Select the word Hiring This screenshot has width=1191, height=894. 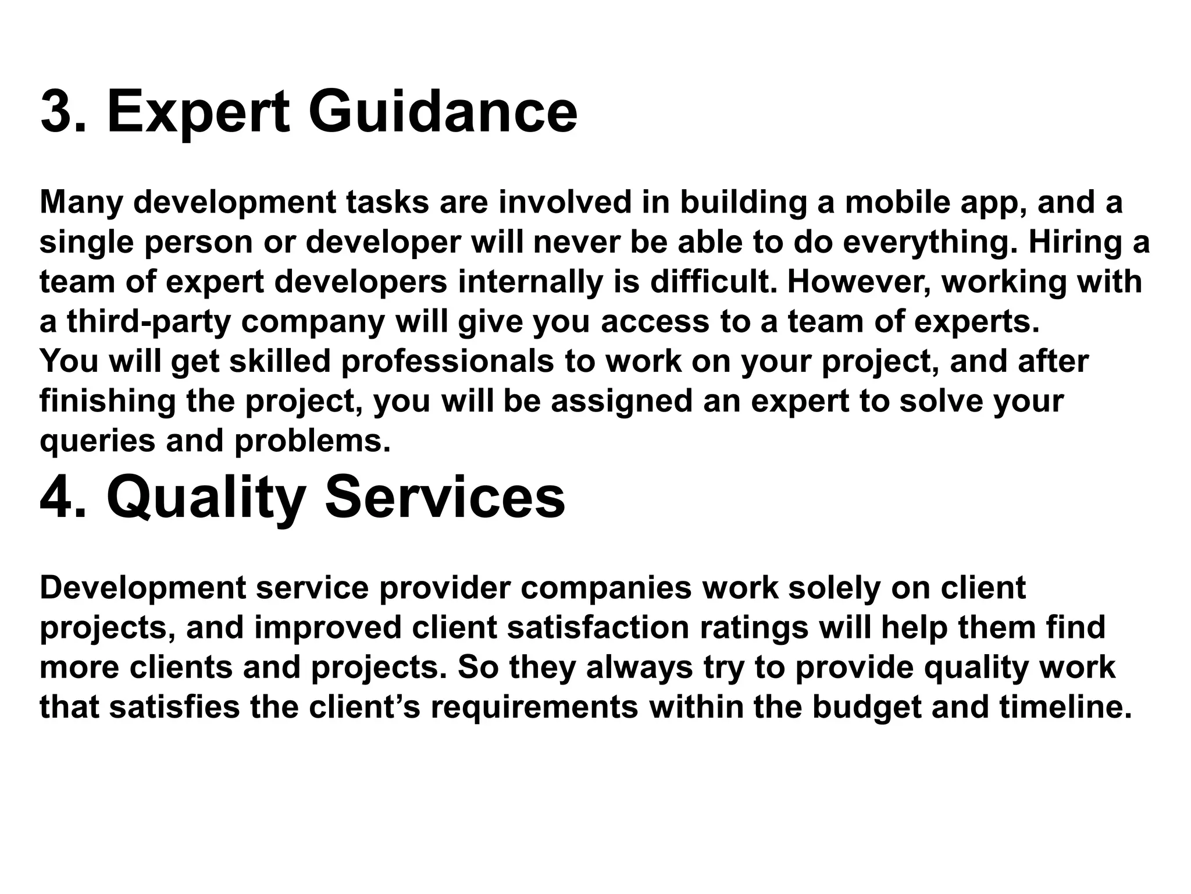pyautogui.click(x=1074, y=242)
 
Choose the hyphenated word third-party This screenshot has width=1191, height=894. pyautogui.click(x=149, y=321)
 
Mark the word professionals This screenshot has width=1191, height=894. pyautogui.click(x=447, y=361)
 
